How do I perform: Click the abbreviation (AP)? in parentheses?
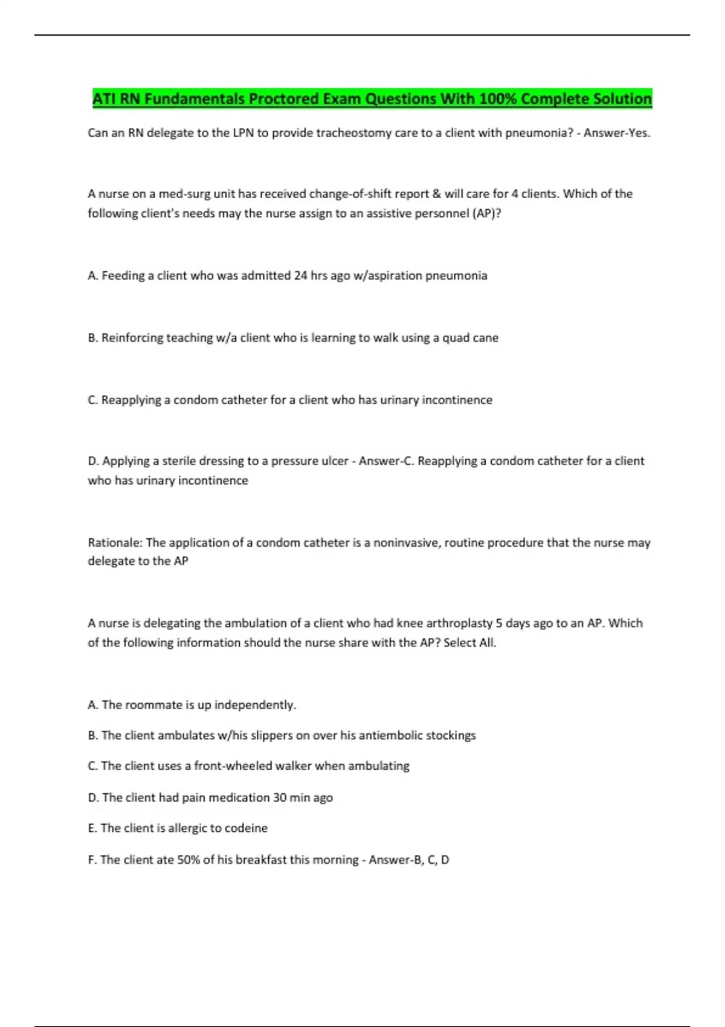tap(486, 213)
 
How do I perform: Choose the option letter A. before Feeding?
tap(93, 275)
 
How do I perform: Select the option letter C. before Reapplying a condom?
tap(93, 400)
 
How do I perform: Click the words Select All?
tap(470, 643)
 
